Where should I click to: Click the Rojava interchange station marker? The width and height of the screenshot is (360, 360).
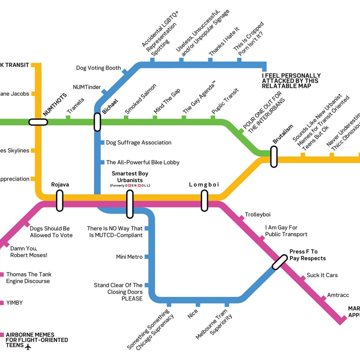coord(60,201)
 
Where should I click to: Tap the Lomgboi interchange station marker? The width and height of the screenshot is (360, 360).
coord(204,201)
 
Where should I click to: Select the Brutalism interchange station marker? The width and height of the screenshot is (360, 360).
coord(274,157)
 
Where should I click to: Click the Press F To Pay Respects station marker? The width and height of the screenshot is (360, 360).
coord(280,262)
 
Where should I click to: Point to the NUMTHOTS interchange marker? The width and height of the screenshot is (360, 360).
coord(38,122)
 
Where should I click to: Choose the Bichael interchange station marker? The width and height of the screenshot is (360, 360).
coord(97,122)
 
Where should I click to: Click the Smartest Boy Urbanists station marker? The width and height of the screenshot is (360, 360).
coord(130,204)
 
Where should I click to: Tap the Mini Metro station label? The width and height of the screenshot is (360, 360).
coord(129,257)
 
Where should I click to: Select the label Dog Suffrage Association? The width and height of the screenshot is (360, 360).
coord(139,142)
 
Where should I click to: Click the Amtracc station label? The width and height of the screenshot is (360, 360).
coord(338,295)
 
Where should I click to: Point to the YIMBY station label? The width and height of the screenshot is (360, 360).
coord(14,303)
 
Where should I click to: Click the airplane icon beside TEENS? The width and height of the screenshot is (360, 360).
coord(28,347)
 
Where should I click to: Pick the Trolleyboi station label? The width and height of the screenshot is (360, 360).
coord(258,214)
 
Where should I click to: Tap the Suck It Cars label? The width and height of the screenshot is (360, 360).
coord(322,275)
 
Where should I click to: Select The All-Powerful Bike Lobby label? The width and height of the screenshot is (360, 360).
coord(143,162)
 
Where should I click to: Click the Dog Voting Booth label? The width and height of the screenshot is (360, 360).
coord(98,68)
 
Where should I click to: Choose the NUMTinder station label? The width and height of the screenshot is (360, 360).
coord(87,87)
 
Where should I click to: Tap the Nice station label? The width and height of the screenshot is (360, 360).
coord(193,314)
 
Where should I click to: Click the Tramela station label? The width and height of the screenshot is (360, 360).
coord(75,106)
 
